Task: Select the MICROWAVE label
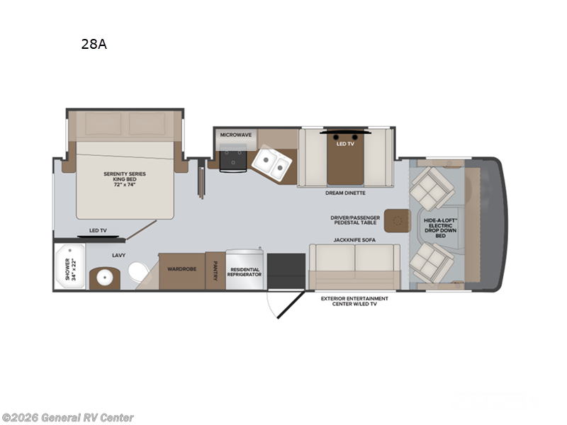[236, 134]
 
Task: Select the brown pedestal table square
[398, 221]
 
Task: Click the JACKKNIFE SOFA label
[356, 240]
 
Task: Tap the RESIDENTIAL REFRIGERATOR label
[244, 272]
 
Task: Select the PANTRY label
[215, 270]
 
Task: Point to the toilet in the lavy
[137, 271]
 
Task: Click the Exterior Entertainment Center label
[354, 302]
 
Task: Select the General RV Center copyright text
[67, 418]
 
